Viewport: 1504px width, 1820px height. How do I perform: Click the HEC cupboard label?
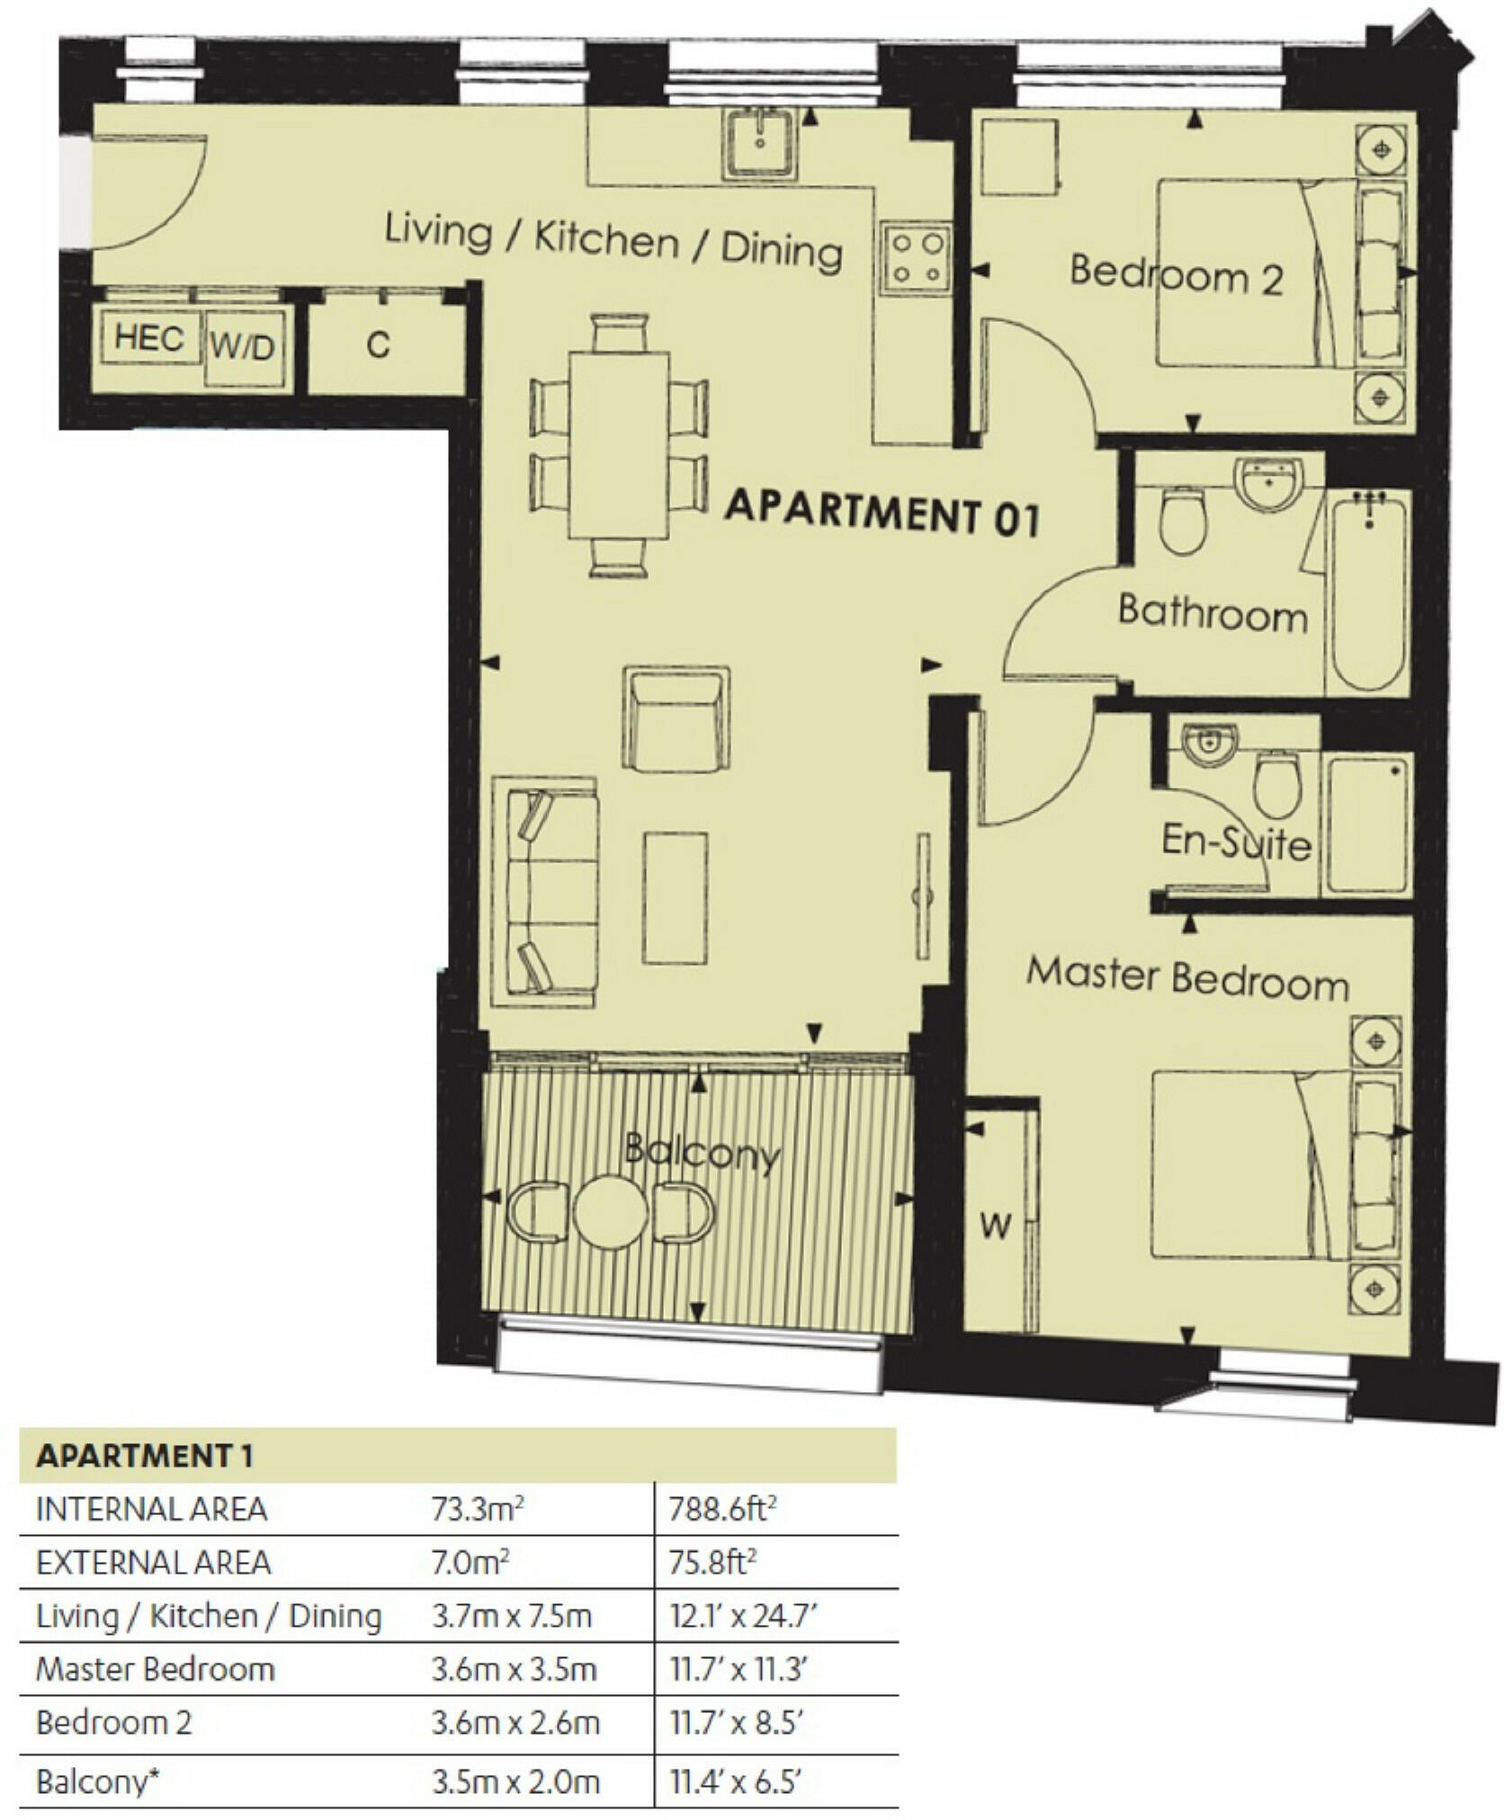pos(149,338)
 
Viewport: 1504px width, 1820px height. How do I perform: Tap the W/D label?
pos(242,345)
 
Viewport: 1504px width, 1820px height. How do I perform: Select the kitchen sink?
pos(760,142)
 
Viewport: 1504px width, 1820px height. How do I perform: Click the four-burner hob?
pos(917,258)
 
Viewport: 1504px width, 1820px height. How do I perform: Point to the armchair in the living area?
pos(676,718)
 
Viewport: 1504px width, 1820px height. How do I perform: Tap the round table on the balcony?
pos(611,1212)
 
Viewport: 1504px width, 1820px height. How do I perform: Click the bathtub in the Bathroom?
pos(1368,590)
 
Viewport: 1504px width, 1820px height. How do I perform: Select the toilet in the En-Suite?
pos(1276,784)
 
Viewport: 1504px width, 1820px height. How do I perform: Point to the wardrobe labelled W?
pos(997,1223)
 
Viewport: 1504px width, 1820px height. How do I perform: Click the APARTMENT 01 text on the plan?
pos(882,513)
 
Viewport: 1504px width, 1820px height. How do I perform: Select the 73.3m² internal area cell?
pos(477,1509)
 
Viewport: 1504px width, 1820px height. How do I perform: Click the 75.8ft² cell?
pos(712,1562)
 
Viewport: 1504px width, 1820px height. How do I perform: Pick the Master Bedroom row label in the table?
pos(155,1669)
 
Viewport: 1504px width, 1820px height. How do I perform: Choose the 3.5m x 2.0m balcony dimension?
pos(515,1780)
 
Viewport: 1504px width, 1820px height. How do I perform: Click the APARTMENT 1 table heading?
pos(144,1456)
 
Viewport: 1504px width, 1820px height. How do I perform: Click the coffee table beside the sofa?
pos(675,897)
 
